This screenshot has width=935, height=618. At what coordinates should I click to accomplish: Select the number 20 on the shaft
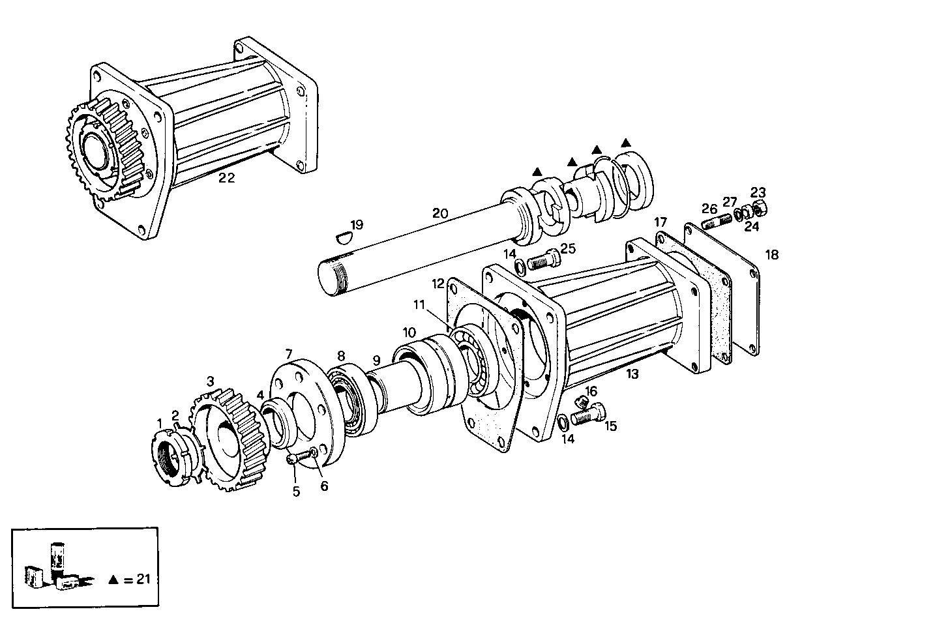[440, 213]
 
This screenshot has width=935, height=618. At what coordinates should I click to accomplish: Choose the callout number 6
[324, 486]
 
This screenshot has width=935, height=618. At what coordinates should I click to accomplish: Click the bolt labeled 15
[587, 415]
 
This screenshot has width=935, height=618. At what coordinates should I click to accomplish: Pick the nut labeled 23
[759, 209]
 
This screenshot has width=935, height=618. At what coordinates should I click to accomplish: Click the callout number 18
[771, 255]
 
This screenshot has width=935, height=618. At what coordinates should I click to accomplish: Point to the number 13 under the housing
[632, 374]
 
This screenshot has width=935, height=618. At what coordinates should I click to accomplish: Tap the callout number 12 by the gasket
[438, 284]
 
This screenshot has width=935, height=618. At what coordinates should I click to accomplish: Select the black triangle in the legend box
[114, 579]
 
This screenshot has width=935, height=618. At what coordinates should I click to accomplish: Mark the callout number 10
[408, 331]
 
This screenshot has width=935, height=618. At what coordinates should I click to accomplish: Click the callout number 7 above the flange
[288, 354]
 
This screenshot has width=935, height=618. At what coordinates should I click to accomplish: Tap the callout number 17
[660, 223]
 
